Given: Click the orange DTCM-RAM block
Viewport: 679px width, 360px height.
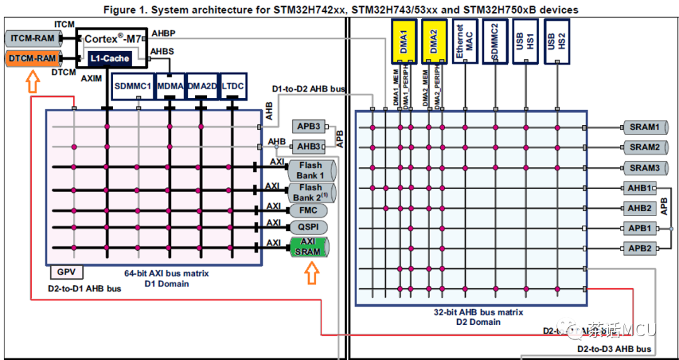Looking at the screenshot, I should click(x=33, y=58).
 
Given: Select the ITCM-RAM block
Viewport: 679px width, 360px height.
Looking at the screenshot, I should click(x=33, y=38).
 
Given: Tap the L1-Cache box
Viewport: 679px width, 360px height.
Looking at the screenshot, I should click(x=109, y=58).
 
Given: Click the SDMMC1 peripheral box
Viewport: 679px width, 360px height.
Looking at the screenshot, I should click(x=133, y=85).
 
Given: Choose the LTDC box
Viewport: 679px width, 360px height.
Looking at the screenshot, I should click(x=233, y=85).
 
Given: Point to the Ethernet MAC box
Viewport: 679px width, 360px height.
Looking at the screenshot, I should click(x=465, y=41).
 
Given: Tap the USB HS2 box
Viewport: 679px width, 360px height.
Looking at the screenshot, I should click(x=557, y=41).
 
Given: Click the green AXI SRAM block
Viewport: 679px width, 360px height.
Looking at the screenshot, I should click(x=309, y=247).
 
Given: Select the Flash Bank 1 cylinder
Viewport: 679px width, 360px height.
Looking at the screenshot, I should click(x=311, y=170).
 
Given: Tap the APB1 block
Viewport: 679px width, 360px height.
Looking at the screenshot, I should click(x=640, y=228).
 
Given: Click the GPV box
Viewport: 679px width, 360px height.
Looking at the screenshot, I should click(x=66, y=273).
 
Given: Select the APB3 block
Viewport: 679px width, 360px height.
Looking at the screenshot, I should click(x=308, y=126).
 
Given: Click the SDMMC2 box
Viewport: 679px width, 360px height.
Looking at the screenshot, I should click(x=495, y=41).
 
